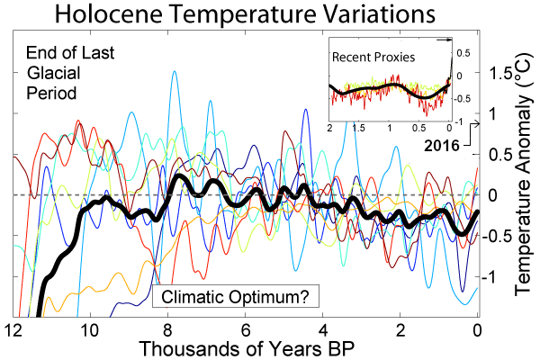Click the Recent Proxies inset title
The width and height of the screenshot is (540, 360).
pyautogui.click(x=373, y=58)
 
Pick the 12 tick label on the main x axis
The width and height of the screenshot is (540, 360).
pyautogui.click(x=13, y=328)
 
